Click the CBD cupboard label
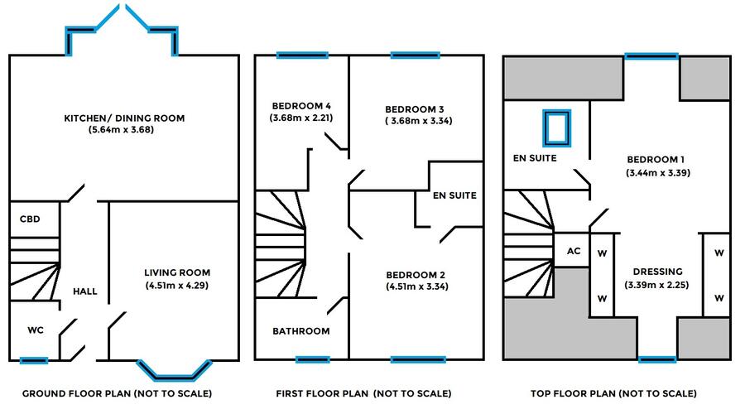click(x=30, y=219)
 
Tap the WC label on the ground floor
click(x=36, y=330)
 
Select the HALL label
click(x=85, y=291)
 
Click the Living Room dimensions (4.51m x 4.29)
click(x=177, y=286)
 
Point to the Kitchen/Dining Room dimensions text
click(x=121, y=130)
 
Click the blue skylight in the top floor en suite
click(x=557, y=128)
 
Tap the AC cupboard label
click(x=574, y=251)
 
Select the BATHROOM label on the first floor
click(x=301, y=331)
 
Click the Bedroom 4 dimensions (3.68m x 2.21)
click(x=301, y=118)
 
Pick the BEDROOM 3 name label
click(x=415, y=109)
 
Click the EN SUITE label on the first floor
click(x=454, y=195)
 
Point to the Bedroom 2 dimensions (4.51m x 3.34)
click(x=417, y=286)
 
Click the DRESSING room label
click(x=658, y=272)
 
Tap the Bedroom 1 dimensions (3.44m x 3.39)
click(x=658, y=173)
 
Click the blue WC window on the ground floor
click(x=34, y=361)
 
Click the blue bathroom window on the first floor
click(x=312, y=360)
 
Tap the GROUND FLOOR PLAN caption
click(x=118, y=393)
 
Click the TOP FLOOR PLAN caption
click(x=614, y=393)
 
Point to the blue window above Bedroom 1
click(x=651, y=56)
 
